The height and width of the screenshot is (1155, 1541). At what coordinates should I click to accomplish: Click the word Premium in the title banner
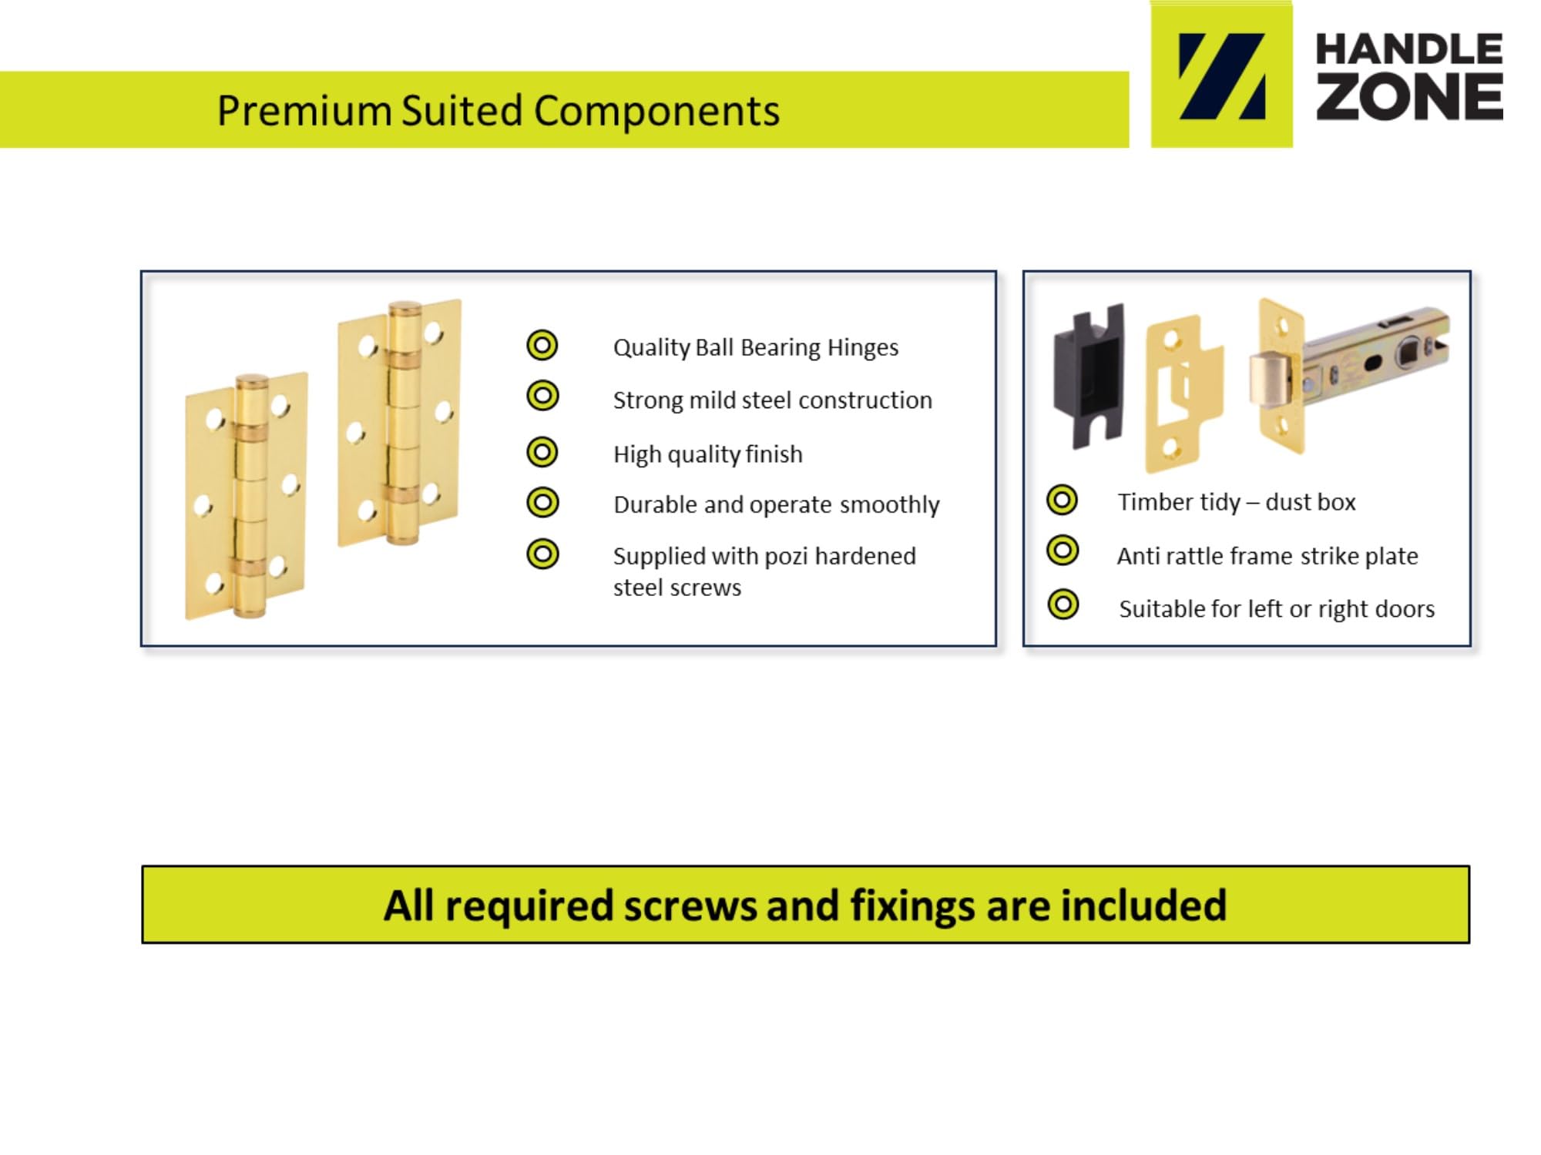coord(305,111)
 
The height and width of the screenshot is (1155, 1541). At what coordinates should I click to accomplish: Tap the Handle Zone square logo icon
coord(1221,75)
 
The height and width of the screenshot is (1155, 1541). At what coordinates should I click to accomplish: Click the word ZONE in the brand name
coord(1409,97)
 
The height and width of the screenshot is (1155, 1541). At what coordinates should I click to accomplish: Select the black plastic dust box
coord(1088,377)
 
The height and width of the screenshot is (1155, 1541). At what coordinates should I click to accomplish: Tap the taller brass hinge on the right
coord(400,423)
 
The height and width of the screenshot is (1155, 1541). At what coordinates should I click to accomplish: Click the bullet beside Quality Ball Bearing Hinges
coord(542,345)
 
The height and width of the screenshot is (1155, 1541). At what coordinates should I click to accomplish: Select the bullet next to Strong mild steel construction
coord(542,396)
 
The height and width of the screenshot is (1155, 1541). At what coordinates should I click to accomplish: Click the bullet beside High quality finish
coord(542,452)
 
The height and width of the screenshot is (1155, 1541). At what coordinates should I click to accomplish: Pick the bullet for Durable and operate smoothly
coord(542,503)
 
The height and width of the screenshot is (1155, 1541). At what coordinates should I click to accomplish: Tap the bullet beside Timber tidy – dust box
coord(1062,500)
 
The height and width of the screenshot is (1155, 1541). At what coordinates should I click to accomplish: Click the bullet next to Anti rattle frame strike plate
coord(1063,551)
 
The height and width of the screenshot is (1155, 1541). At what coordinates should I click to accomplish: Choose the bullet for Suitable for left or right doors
coord(1063,604)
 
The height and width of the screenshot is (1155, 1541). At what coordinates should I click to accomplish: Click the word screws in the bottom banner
coord(690,906)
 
